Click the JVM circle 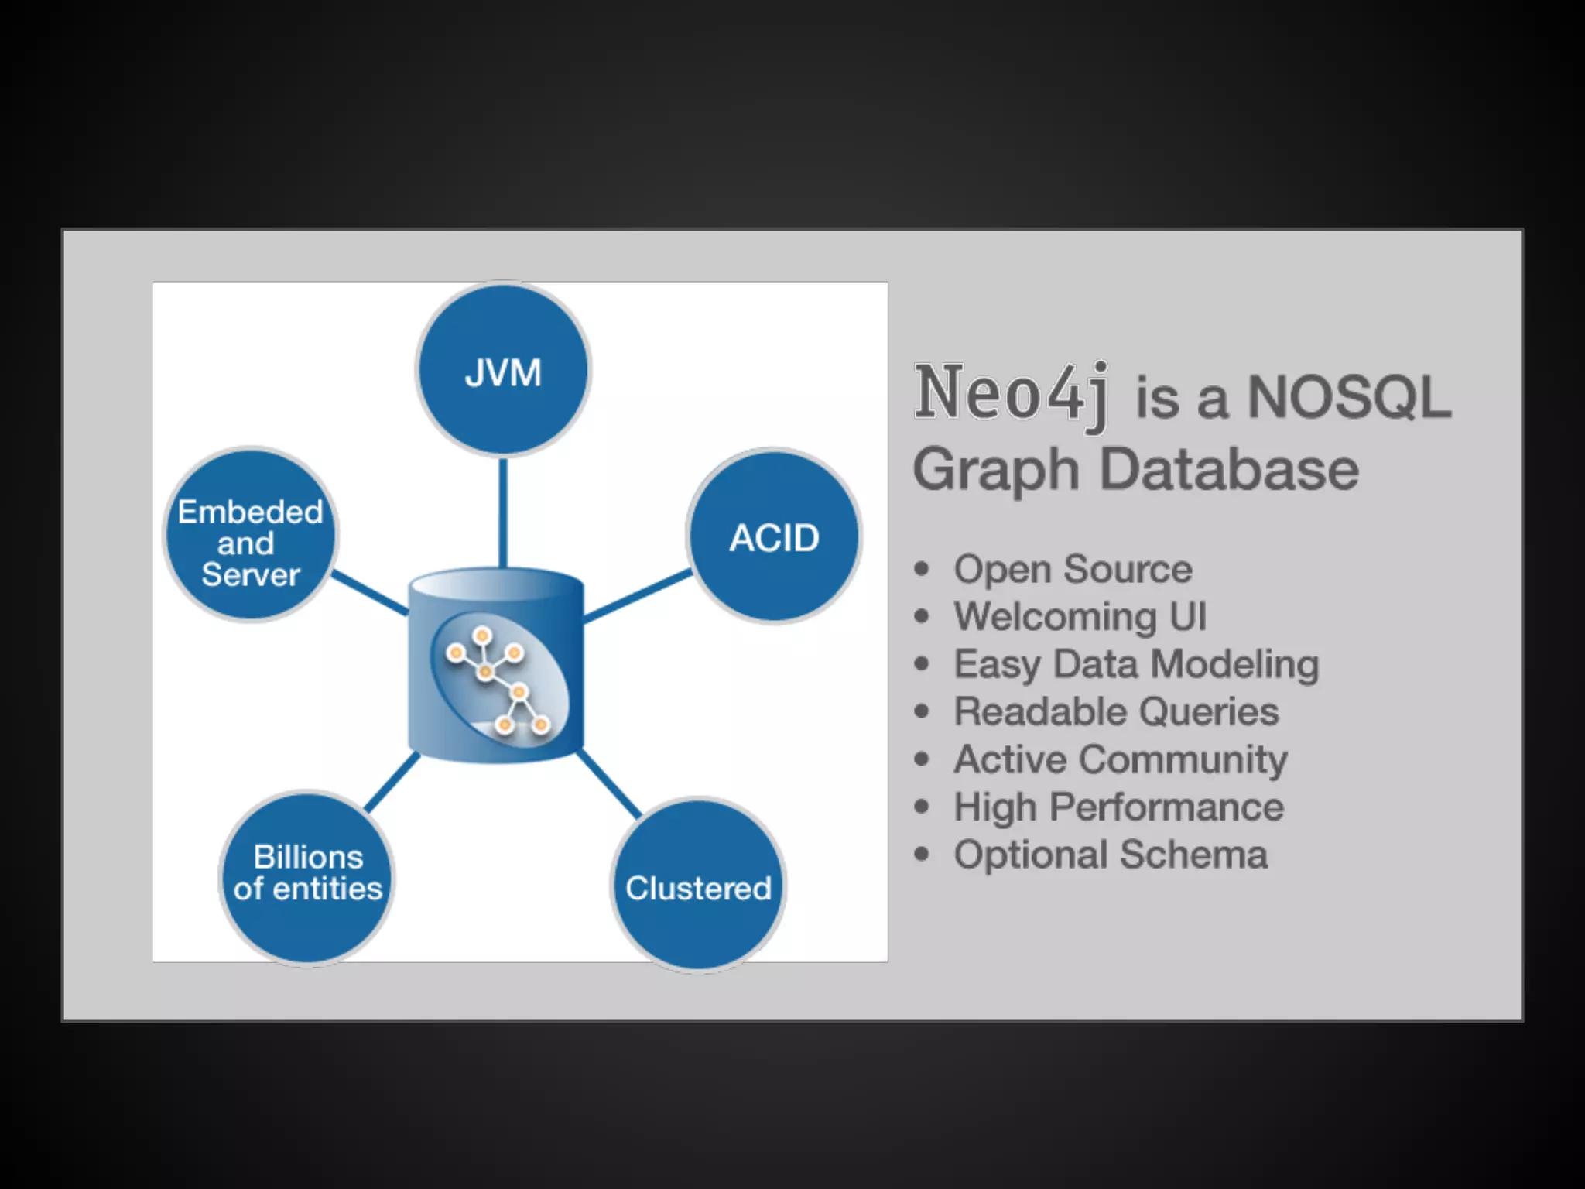[x=503, y=370]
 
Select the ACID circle [x=774, y=536]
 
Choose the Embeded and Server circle [x=250, y=535]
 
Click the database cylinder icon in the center [x=496, y=666]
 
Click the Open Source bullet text [x=1073, y=569]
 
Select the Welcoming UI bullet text [x=1080, y=617]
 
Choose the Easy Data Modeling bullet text [x=1136, y=664]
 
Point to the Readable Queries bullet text [x=1116, y=711]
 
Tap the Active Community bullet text [x=1121, y=759]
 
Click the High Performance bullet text [x=1119, y=807]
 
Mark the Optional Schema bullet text [x=1111, y=855]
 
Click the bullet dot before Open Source [x=921, y=570]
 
